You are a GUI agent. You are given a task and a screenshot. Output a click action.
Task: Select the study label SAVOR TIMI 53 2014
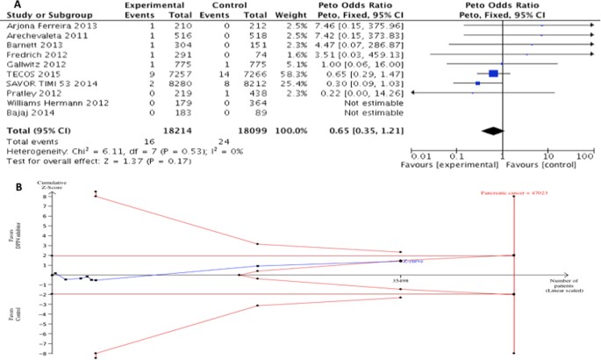click(x=44, y=83)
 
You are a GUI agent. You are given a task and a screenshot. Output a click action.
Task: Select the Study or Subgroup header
click(x=39, y=17)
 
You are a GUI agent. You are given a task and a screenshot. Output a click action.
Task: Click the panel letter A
click(x=7, y=5)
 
